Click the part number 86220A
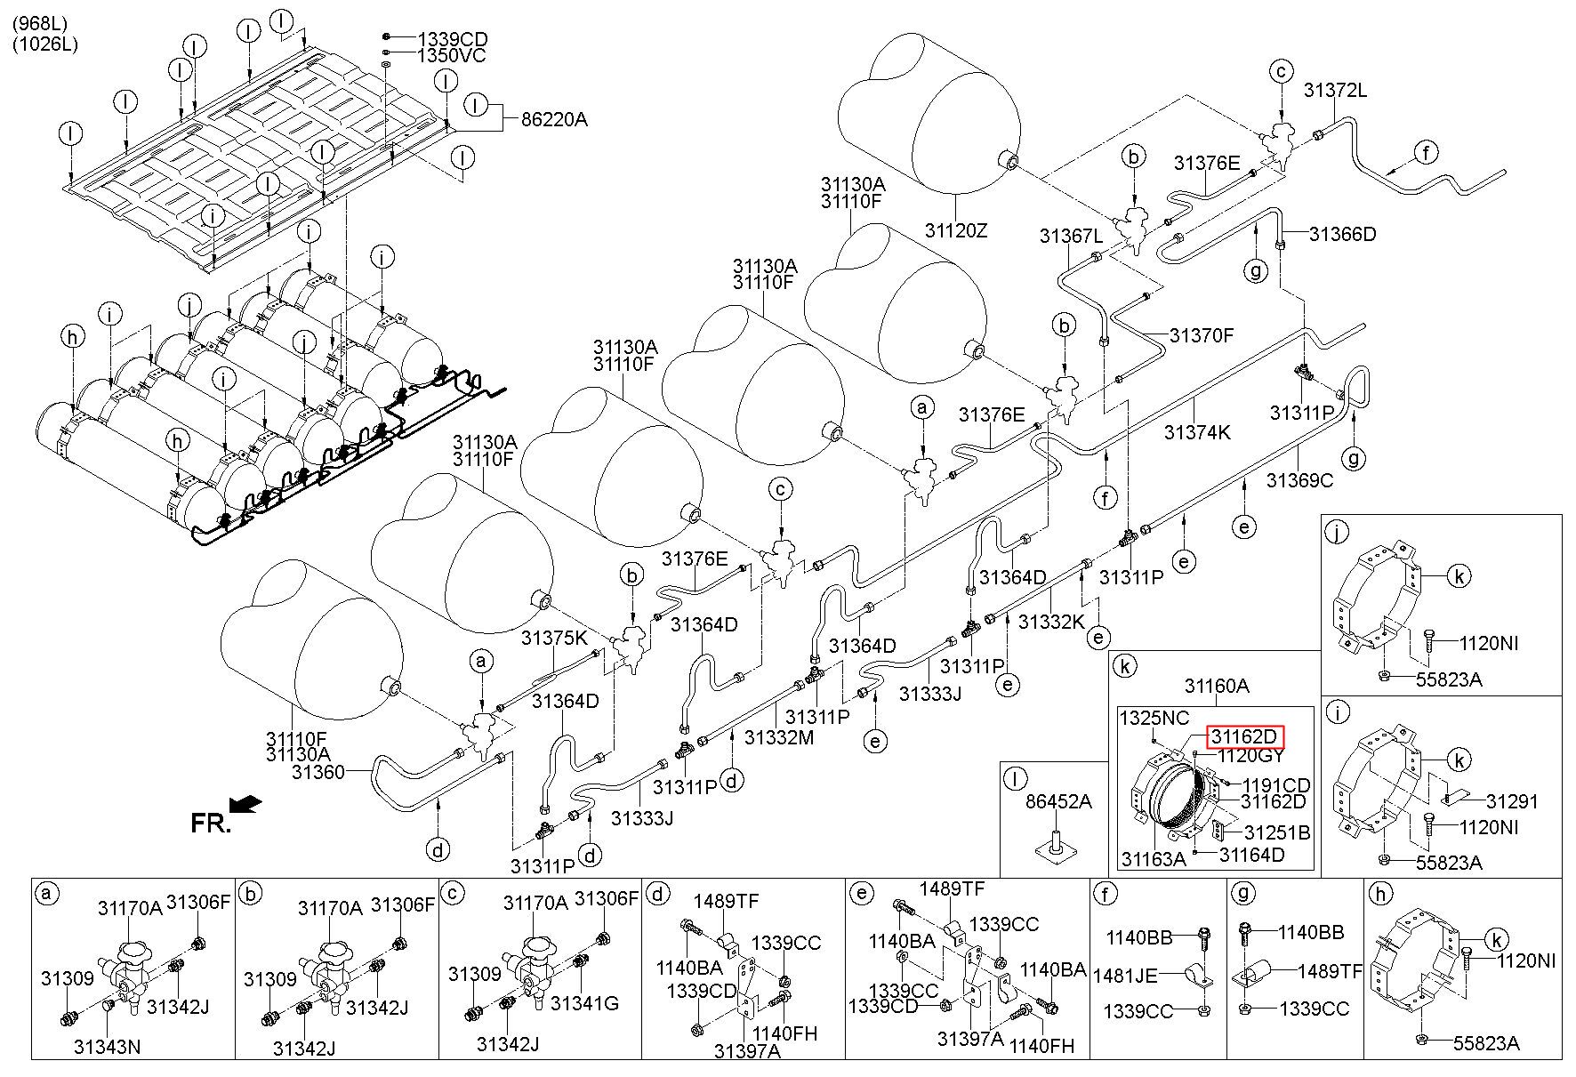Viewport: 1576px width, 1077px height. coord(554,119)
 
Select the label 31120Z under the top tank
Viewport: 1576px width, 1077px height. coord(956,230)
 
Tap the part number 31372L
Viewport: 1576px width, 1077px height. coord(1336,90)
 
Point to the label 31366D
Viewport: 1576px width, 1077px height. coord(1343,234)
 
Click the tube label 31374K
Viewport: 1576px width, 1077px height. coord(1198,432)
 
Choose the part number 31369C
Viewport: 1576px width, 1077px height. coord(1300,480)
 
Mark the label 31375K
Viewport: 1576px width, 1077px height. coord(555,638)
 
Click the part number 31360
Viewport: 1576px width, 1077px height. coord(318,773)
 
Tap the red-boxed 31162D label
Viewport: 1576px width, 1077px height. coord(1246,737)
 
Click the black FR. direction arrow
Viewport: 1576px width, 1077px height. coord(245,804)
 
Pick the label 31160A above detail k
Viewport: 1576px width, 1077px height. coord(1217,686)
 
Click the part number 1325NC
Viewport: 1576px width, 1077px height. coord(1154,718)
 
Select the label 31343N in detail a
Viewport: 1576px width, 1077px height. coord(107,1046)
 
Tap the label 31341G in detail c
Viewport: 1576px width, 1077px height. coord(584,1002)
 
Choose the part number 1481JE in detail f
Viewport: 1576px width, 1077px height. coord(1125,975)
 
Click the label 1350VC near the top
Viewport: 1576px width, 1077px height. coord(453,56)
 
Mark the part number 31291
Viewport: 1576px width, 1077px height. coord(1513,800)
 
